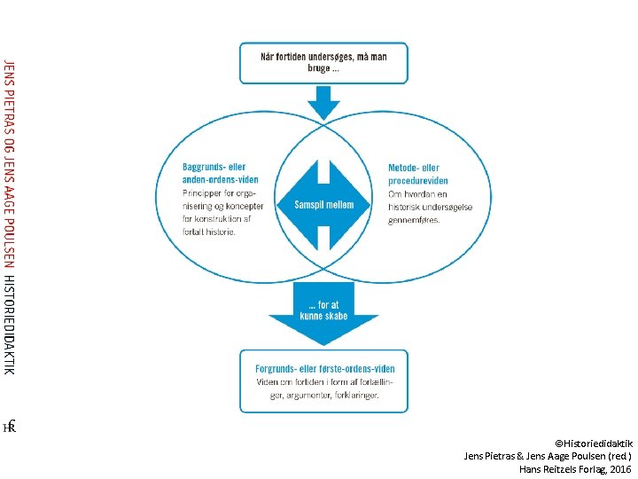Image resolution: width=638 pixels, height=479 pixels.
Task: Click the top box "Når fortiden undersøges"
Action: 323,62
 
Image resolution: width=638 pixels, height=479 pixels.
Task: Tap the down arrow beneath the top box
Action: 323,104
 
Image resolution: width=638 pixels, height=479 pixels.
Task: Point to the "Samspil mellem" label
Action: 323,205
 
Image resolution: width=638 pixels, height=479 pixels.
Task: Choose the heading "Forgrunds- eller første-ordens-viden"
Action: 325,369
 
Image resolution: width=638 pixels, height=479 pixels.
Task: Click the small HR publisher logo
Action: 10,427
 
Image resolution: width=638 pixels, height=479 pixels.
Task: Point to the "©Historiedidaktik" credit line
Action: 593,442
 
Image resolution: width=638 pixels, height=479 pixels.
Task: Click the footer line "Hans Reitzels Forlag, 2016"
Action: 575,468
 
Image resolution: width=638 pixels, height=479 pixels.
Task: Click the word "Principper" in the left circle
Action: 203,192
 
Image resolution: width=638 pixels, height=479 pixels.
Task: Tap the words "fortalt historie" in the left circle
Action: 209,232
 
